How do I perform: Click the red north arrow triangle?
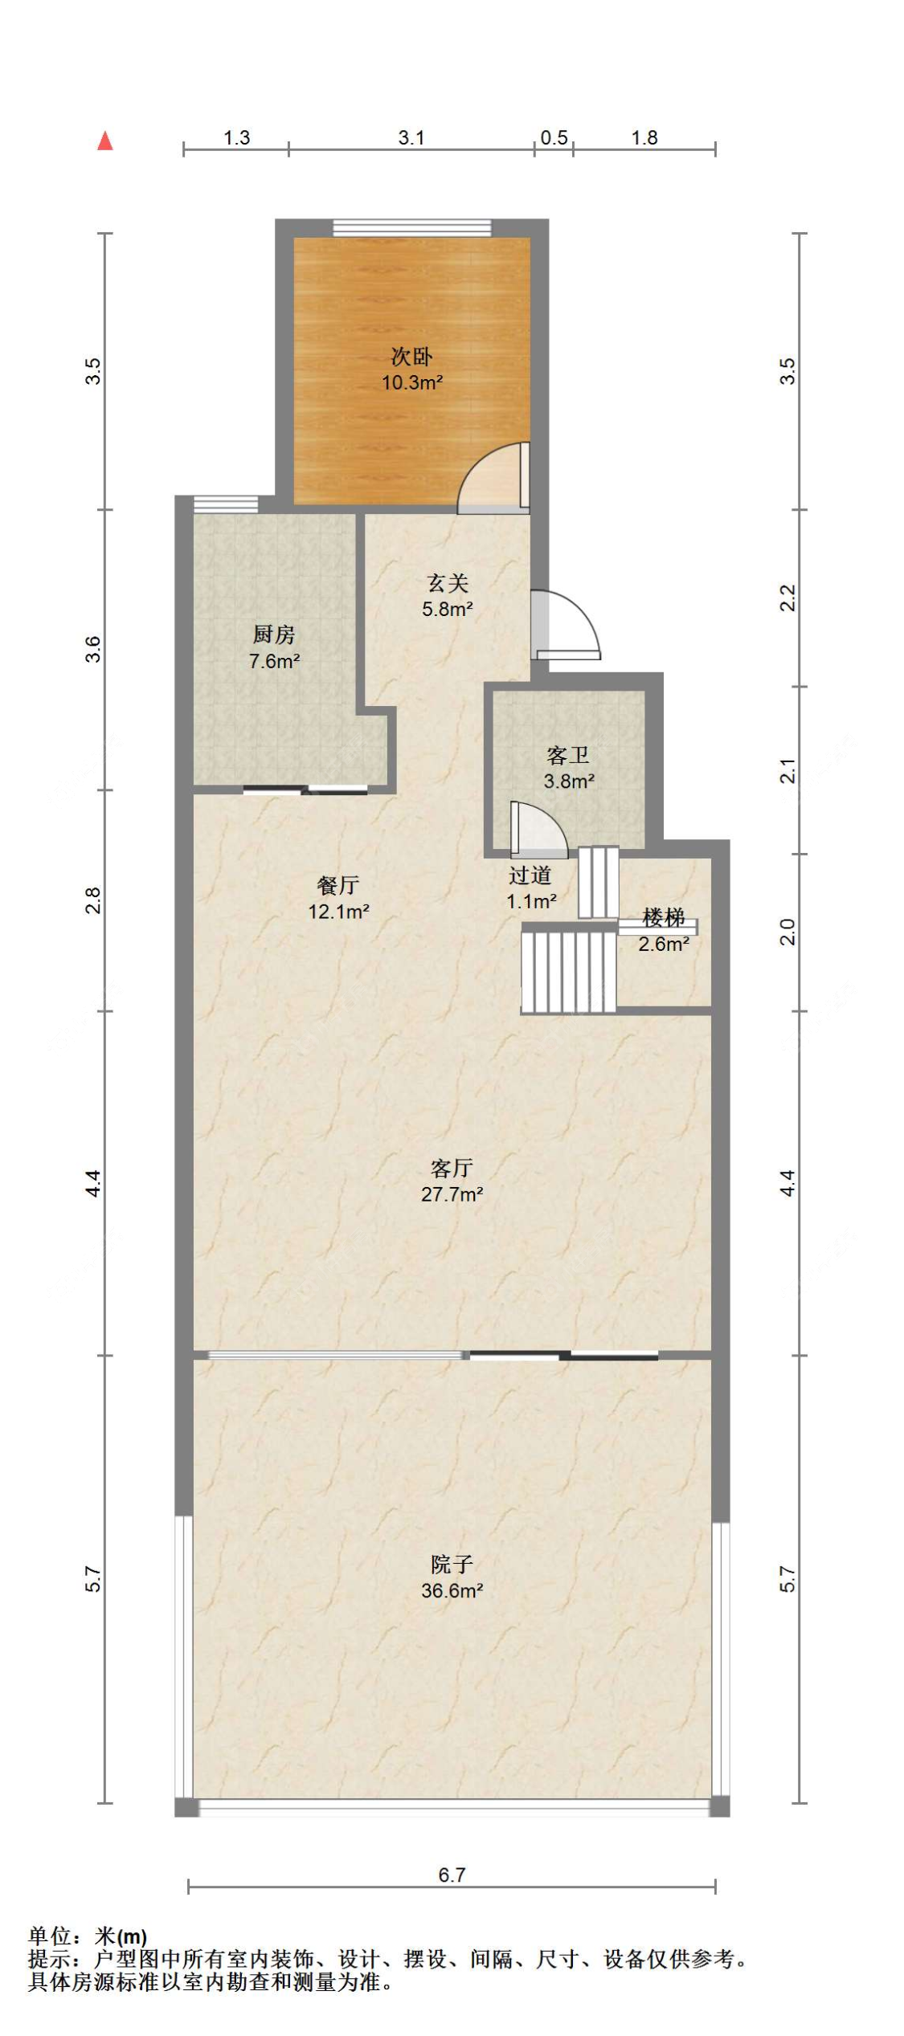(105, 141)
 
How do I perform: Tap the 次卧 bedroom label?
(411, 356)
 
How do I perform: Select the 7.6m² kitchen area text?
(274, 662)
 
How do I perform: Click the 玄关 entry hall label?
(448, 583)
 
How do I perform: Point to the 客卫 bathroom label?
(568, 755)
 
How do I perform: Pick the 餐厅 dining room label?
(338, 886)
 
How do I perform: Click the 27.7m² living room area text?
(452, 1194)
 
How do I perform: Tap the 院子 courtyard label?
(452, 1565)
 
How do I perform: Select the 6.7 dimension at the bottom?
(452, 1875)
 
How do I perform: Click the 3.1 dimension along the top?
(411, 138)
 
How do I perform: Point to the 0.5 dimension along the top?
(554, 138)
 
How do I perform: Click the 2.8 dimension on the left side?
(94, 900)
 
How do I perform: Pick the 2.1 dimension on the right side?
(788, 771)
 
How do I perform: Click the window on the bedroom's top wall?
(411, 228)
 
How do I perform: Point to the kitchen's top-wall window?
(226, 504)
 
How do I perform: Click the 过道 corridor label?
(530, 875)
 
